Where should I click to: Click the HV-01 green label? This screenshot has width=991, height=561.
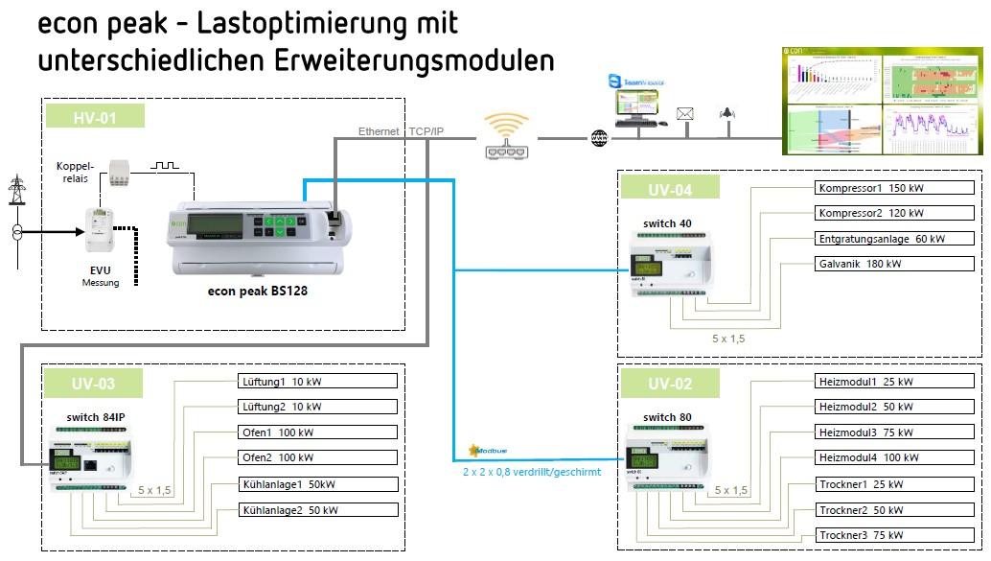95,118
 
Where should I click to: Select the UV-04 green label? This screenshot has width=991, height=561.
669,190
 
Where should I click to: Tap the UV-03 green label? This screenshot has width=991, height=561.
93,385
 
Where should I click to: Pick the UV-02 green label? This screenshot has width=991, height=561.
669,385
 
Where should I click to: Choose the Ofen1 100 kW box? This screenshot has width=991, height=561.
317,432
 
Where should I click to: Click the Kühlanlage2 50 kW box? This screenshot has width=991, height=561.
317,510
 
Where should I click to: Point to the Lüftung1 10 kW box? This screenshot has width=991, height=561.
317,382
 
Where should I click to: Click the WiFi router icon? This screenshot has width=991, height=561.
505,136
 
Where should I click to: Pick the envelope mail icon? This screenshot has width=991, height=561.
684,114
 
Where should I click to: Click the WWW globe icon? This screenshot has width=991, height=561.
600,137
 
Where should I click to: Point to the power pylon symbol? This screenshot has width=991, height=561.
16,189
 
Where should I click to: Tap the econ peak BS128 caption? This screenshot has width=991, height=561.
257,289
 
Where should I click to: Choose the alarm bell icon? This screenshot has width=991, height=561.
726,113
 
